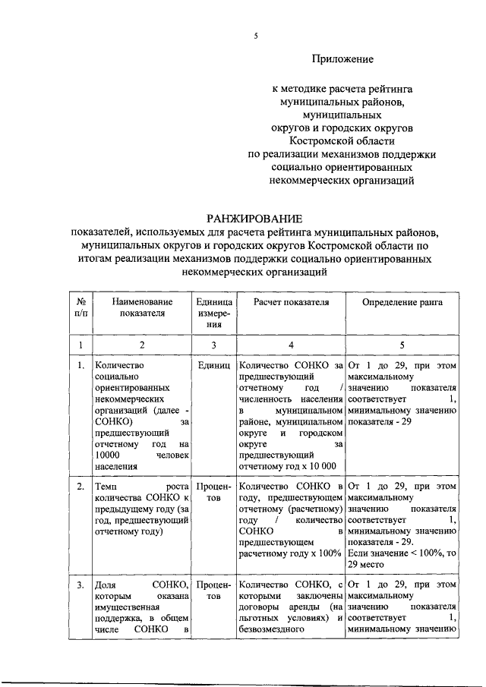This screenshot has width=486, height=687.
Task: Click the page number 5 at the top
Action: click(x=257, y=36)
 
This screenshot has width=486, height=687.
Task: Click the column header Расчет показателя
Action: click(x=290, y=302)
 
